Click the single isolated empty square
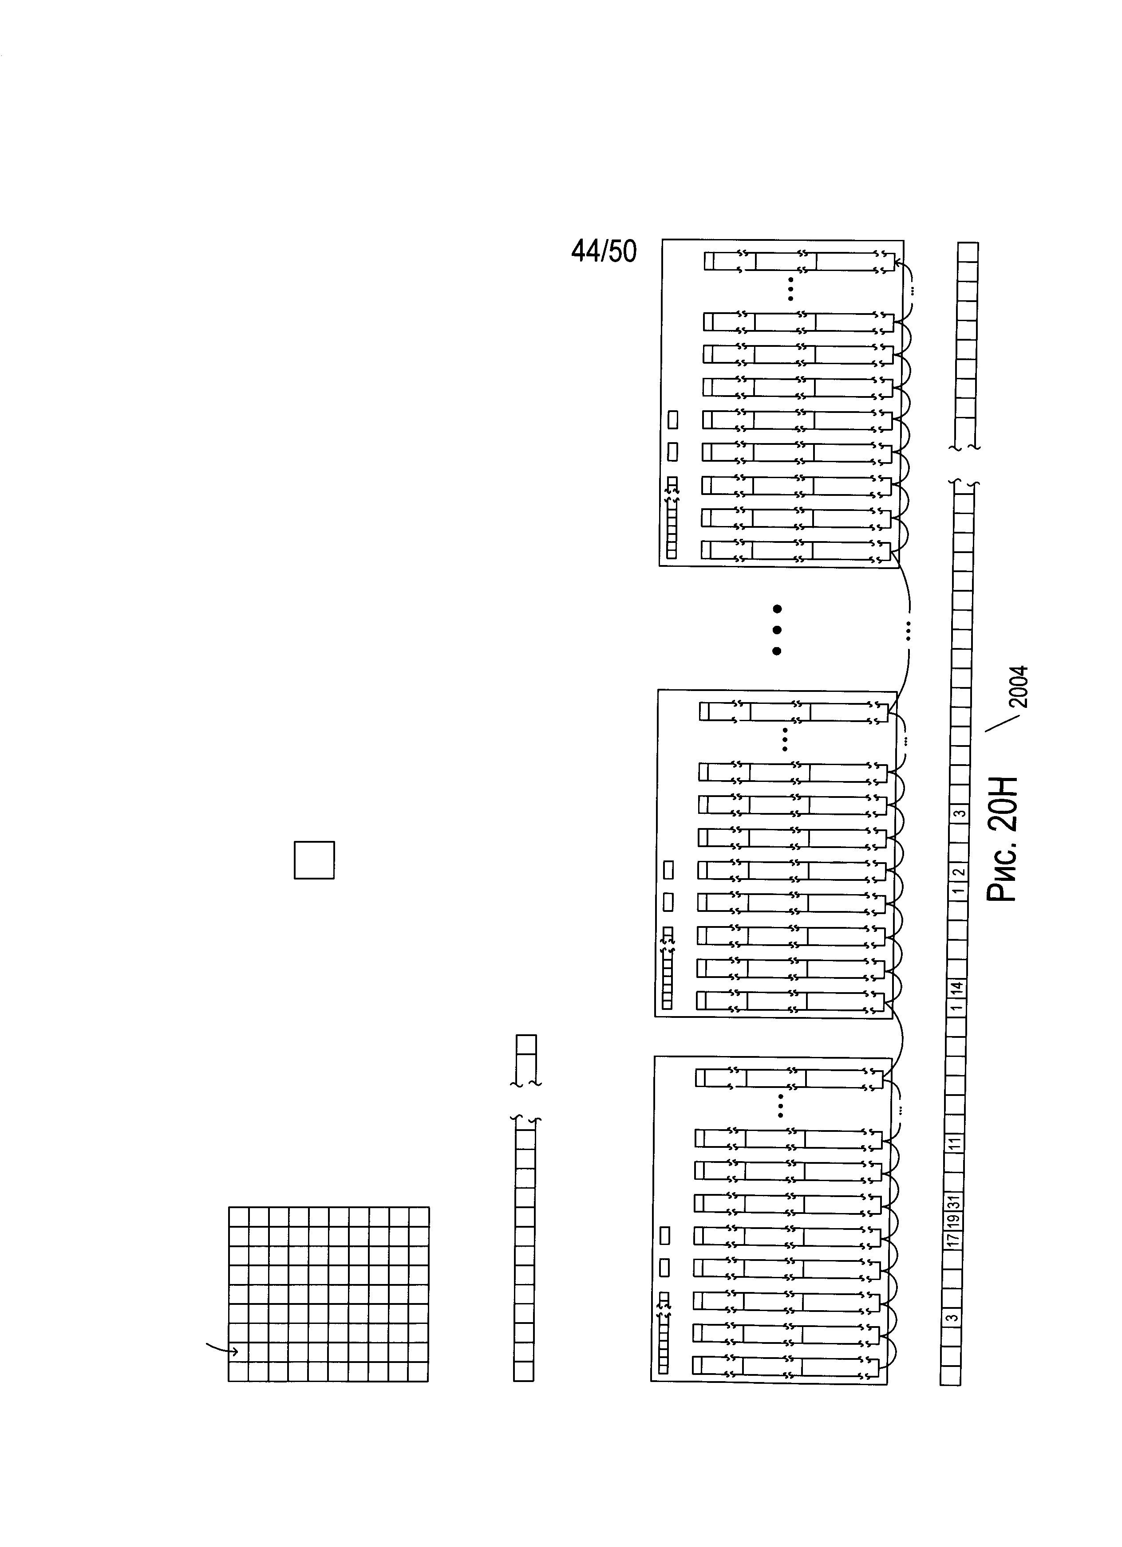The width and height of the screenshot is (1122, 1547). click(x=314, y=860)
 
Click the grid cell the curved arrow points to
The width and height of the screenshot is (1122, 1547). click(x=238, y=1351)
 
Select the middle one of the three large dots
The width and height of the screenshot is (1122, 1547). click(x=776, y=629)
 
